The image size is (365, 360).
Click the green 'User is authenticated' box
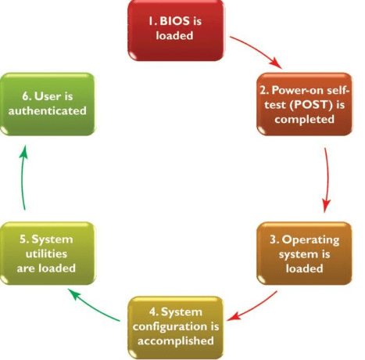point(48,104)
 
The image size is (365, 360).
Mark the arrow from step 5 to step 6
point(24,178)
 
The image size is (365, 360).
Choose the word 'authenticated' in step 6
point(48,112)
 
